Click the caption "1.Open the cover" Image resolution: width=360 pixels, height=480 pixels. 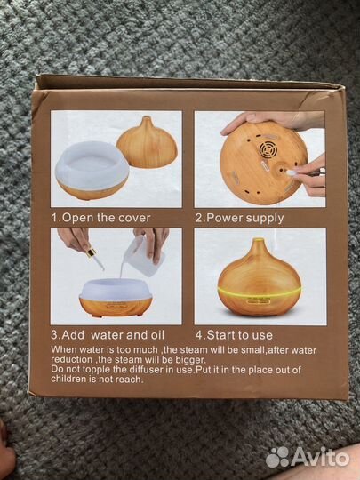click(x=100, y=218)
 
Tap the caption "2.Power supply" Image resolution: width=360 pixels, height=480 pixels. click(x=239, y=219)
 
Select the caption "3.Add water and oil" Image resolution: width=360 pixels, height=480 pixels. click(x=108, y=335)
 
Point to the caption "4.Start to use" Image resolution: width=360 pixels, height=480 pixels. click(x=234, y=335)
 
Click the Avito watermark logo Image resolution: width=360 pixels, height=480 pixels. click(x=308, y=458)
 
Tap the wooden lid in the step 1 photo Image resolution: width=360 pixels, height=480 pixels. click(x=148, y=143)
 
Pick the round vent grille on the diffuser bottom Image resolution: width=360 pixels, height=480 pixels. click(x=268, y=149)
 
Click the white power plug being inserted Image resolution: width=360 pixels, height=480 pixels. click(x=292, y=173)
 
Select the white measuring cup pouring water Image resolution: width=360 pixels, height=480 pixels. click(x=140, y=256)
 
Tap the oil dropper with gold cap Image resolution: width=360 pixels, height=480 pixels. click(x=95, y=260)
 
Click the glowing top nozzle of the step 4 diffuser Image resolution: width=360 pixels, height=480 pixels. click(x=258, y=241)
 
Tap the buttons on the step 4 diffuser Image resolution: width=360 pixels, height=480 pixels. click(x=259, y=301)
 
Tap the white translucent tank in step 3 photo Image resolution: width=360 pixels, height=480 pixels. click(x=116, y=289)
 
